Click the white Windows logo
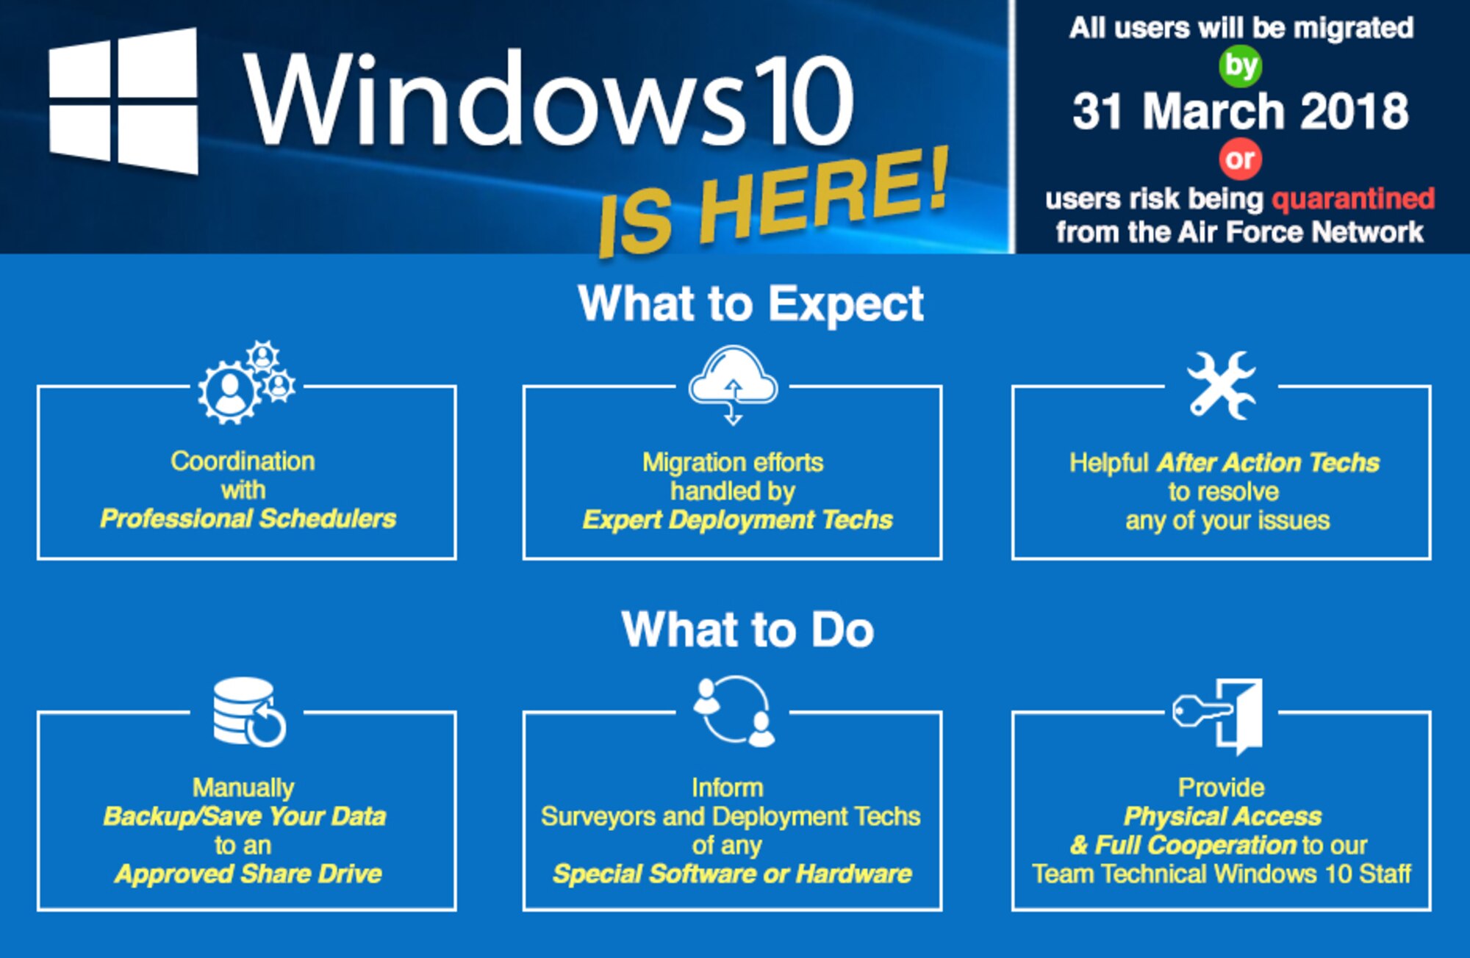click(x=123, y=101)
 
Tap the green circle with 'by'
click(x=1241, y=66)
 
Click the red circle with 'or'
click(x=1241, y=159)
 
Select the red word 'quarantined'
click(x=1353, y=198)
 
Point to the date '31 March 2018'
click(x=1241, y=112)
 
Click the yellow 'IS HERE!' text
click(x=772, y=202)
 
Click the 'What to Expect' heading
click(x=750, y=303)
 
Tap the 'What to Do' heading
click(x=747, y=630)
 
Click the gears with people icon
click(x=246, y=383)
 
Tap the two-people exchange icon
click(x=734, y=711)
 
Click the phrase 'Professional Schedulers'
click(x=248, y=519)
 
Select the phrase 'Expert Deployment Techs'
click(x=737, y=520)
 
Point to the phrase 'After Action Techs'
click(x=1268, y=463)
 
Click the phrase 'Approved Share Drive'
click(x=248, y=874)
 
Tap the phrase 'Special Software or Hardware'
click(x=732, y=874)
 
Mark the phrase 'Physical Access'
click(x=1222, y=816)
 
